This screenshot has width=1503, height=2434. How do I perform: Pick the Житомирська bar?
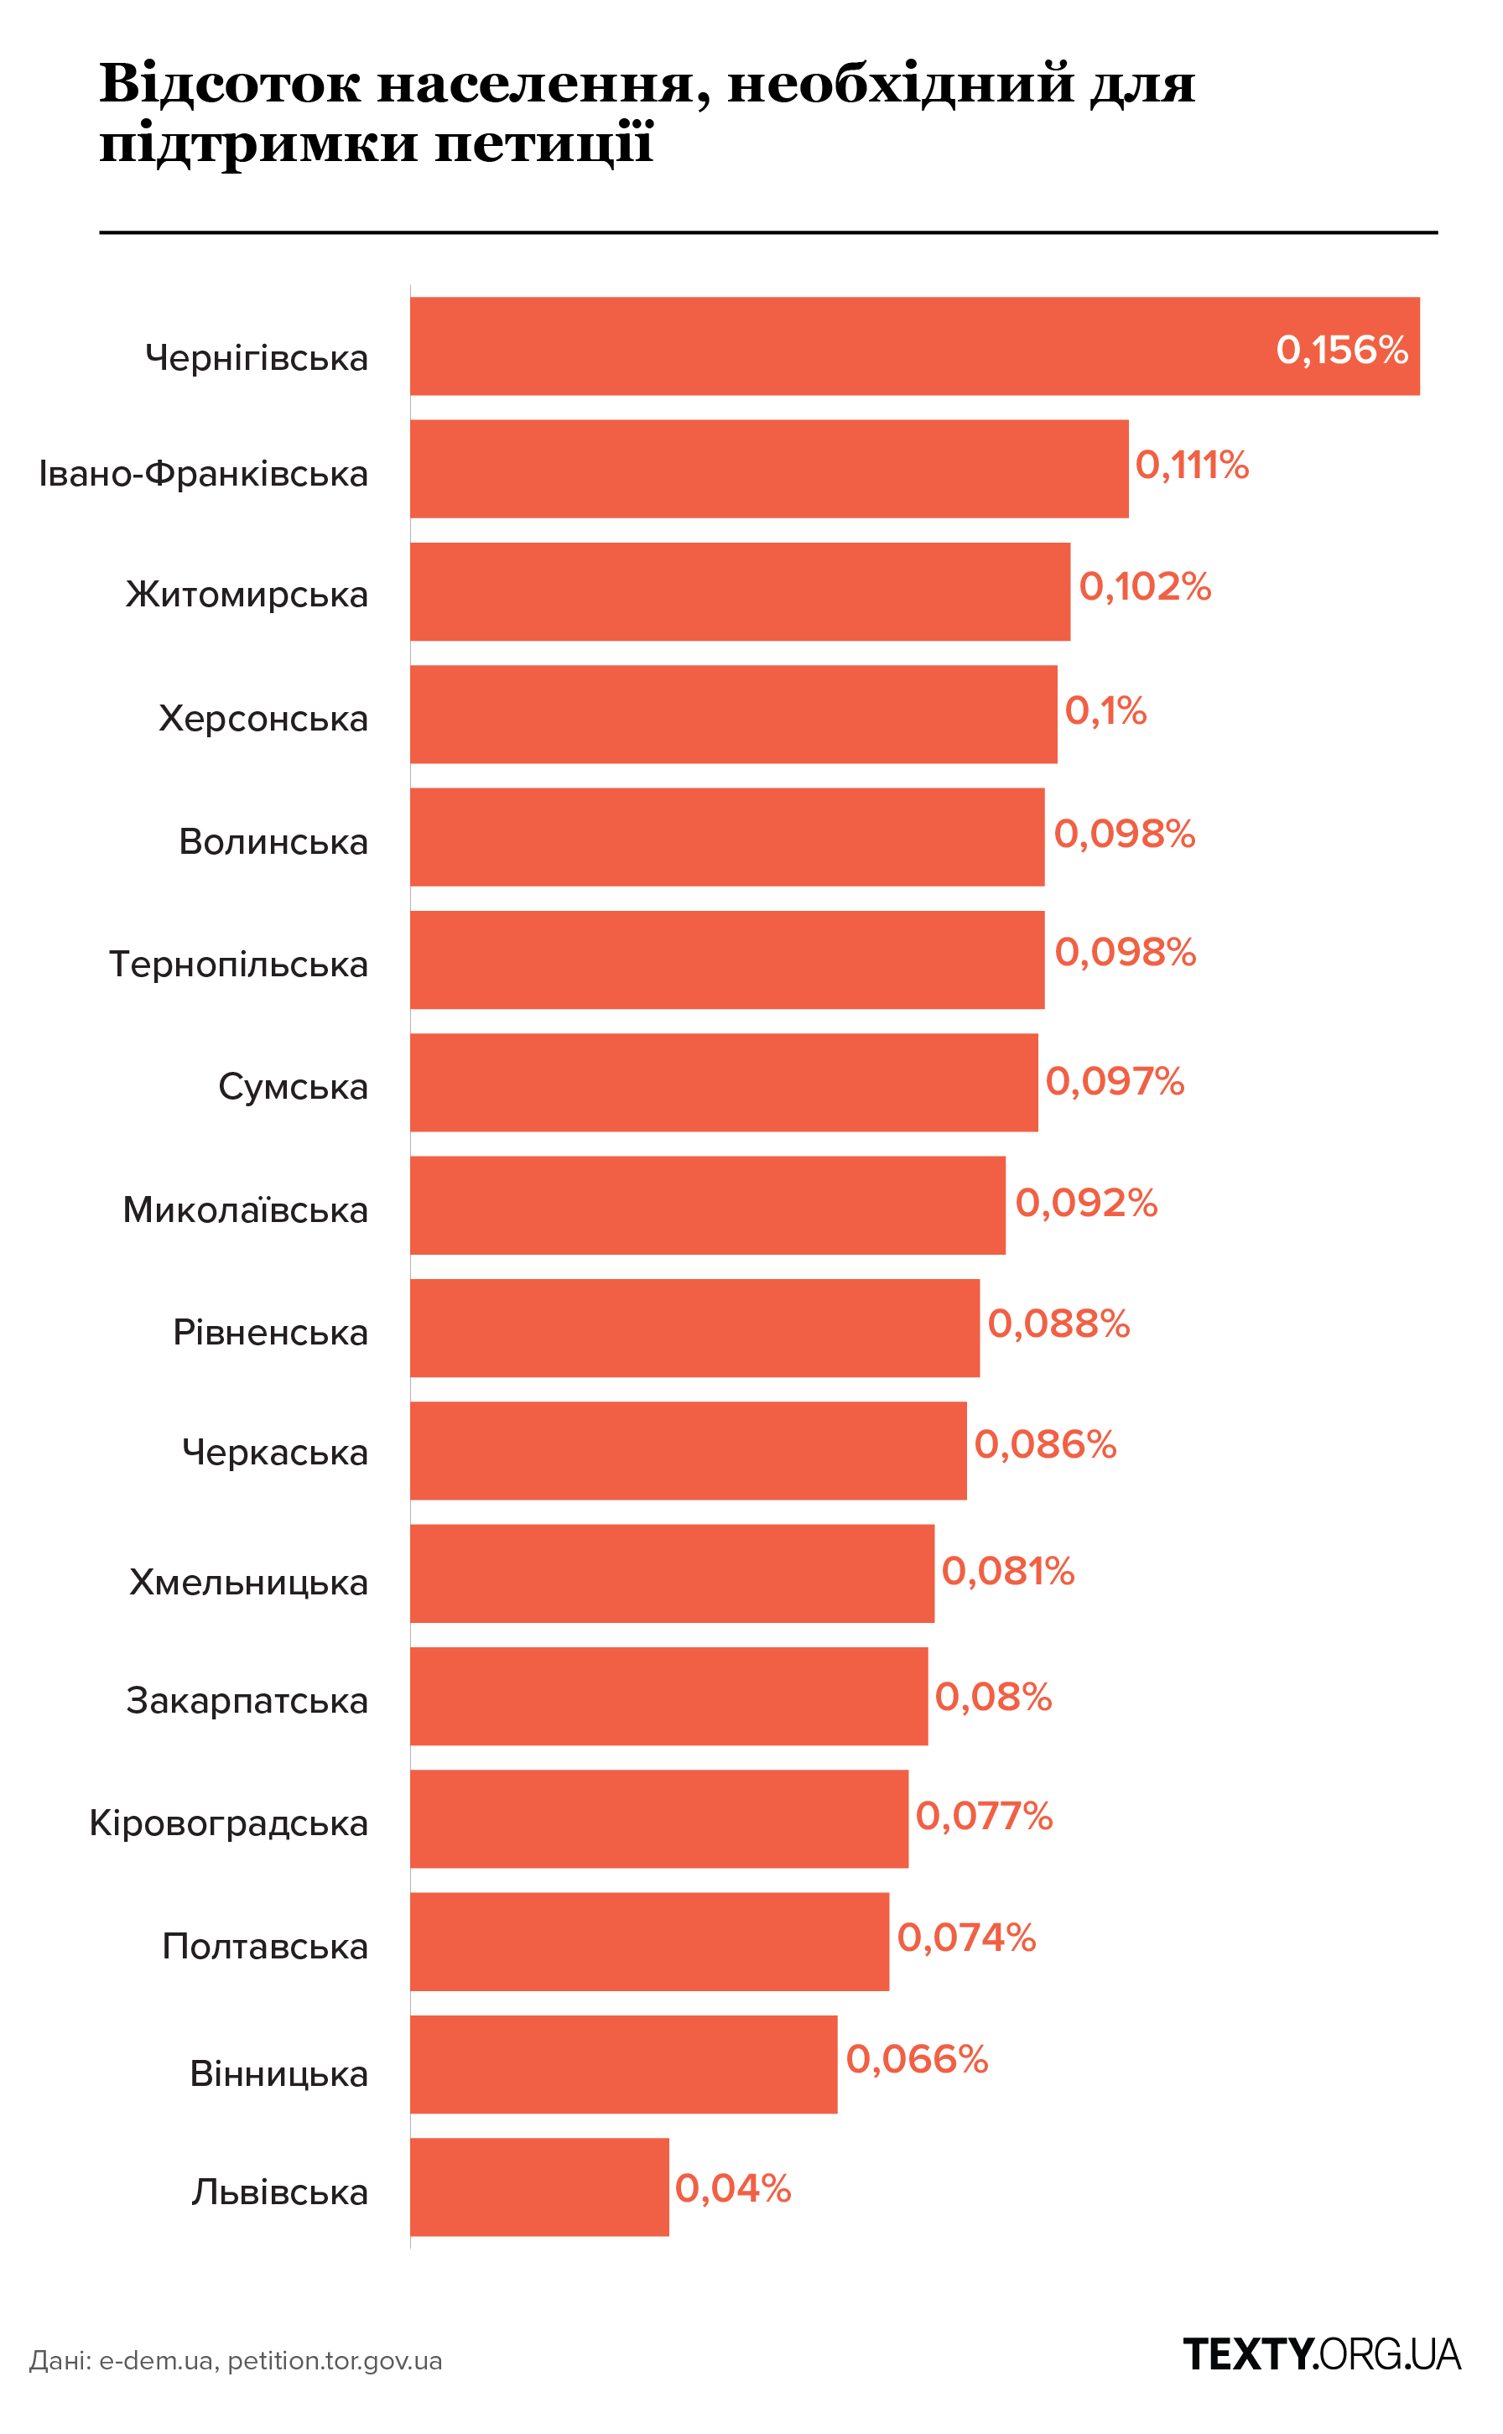tap(740, 591)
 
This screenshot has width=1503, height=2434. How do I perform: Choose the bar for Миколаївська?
tap(708, 1204)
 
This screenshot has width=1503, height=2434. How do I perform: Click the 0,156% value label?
tap(1341, 350)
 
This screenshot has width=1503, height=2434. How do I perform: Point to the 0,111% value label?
tap(1191, 465)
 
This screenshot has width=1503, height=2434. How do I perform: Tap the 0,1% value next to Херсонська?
tap(1105, 710)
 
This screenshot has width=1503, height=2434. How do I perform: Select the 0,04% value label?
tap(732, 2188)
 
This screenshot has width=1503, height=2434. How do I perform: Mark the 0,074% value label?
tap(966, 1937)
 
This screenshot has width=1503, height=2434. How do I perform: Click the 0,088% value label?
tap(1058, 1324)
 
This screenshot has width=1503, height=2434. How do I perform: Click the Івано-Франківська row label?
tap(204, 474)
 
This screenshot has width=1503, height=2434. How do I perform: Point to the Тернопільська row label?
tap(238, 964)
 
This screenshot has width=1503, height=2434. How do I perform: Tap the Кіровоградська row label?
tap(229, 1823)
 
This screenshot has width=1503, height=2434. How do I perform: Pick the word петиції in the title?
tap(543, 144)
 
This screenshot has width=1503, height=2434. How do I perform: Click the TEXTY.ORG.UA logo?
tap(1321, 2354)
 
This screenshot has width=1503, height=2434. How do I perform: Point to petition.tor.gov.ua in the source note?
tap(335, 2360)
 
